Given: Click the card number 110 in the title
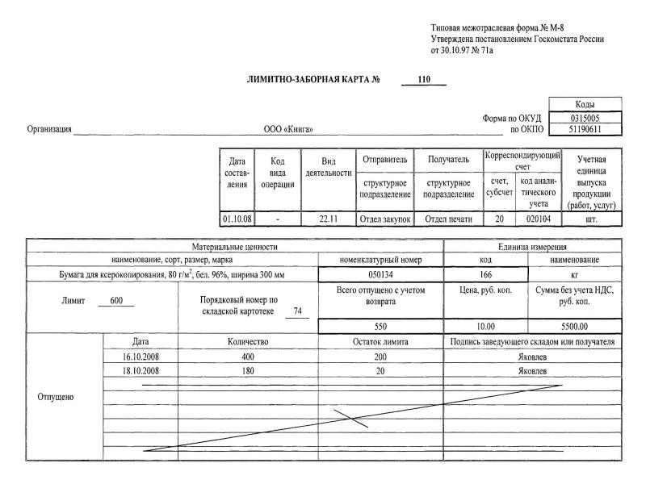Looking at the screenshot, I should [424, 80].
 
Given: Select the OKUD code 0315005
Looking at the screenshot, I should [585, 118].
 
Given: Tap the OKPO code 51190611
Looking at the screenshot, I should [585, 129].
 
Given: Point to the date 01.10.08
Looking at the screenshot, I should [237, 219].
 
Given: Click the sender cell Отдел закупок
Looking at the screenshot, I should [384, 219].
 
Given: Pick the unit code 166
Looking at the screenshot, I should [485, 275].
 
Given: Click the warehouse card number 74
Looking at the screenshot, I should [298, 311].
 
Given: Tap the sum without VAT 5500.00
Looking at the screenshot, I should [575, 327].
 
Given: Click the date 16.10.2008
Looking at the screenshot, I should [141, 356].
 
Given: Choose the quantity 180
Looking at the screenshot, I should [249, 370].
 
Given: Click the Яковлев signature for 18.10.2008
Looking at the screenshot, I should [533, 370].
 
